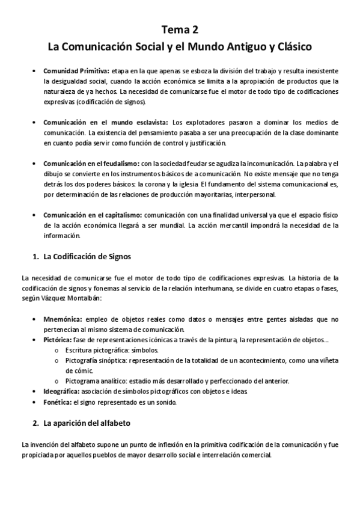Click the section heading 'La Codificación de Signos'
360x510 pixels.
[x=87, y=257]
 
